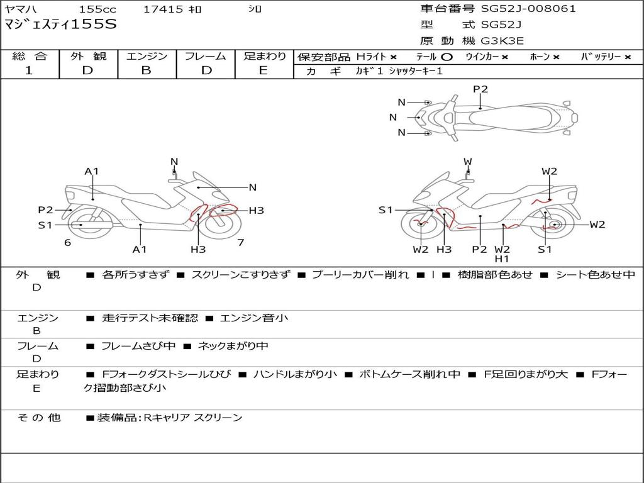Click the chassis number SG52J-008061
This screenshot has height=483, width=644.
(528, 9)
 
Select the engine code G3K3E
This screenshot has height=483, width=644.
(502, 41)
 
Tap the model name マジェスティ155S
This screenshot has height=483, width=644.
(60, 25)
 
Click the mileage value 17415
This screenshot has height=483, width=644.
(163, 9)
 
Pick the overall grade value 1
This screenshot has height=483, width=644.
(29, 70)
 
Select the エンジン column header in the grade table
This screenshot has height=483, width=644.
(147, 56)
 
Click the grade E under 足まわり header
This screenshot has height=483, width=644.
(264, 70)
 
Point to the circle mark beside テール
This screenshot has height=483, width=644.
(447, 57)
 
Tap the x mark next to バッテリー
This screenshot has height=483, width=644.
(628, 57)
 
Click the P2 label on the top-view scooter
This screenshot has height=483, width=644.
(480, 89)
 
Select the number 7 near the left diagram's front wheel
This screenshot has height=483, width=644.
(241, 242)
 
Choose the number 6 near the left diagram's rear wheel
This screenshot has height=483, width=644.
(68, 242)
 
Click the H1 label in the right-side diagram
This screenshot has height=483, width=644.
(501, 258)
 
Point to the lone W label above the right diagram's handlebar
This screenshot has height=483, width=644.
(468, 162)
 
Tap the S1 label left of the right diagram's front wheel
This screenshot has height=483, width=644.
(386, 210)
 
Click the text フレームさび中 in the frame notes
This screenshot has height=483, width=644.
(138, 347)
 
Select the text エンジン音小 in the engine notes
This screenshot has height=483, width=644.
(254, 318)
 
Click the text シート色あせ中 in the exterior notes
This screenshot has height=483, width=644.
(596, 274)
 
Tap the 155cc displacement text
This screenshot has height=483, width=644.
(97, 9)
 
